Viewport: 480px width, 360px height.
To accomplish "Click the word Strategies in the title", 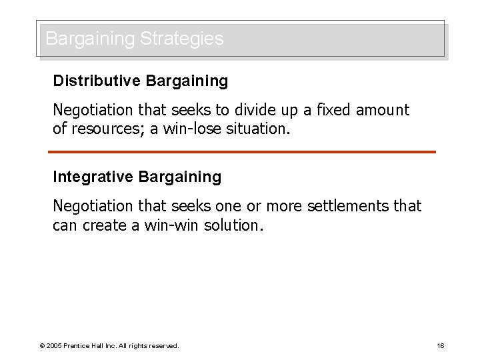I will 182,39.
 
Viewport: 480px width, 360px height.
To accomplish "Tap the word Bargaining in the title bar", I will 90,39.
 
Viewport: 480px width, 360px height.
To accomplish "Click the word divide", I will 254,110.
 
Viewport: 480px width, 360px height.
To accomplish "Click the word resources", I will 107,129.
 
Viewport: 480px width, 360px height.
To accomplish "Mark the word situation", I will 257,129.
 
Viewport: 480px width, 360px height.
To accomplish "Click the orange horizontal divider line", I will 242,152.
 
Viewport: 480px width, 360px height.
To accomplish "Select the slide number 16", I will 441,345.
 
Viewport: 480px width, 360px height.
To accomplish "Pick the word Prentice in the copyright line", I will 80,345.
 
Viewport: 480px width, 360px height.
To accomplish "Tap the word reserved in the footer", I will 164,345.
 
